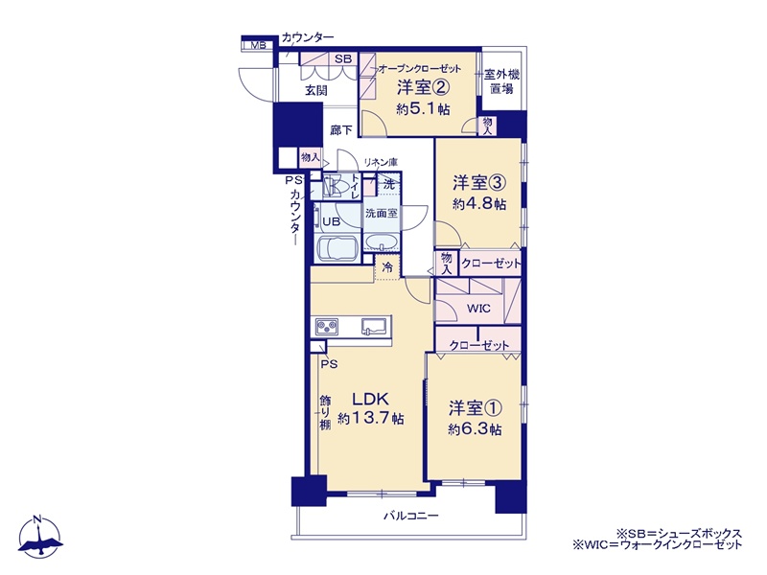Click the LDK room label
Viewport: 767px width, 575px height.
coord(370,399)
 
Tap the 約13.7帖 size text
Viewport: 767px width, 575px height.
coord(371,419)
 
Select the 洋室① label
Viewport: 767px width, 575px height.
coord(476,407)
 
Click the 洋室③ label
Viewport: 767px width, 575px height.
coord(478,183)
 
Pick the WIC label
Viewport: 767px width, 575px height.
coord(478,309)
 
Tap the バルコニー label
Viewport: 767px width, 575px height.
coord(411,516)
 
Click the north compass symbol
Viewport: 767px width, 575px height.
coord(40,537)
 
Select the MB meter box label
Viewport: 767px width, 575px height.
coord(258,45)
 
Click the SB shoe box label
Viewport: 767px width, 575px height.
coord(343,58)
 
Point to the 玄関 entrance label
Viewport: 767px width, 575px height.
coord(316,90)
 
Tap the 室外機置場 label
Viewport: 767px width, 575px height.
coord(501,81)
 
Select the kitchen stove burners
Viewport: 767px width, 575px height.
coord(327,326)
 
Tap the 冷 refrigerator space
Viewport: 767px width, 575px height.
coord(387,267)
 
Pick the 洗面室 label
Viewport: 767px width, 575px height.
coord(382,213)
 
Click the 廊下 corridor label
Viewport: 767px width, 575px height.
coord(341,130)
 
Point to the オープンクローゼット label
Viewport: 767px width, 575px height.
coord(420,68)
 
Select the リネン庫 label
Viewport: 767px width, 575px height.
coord(381,162)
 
